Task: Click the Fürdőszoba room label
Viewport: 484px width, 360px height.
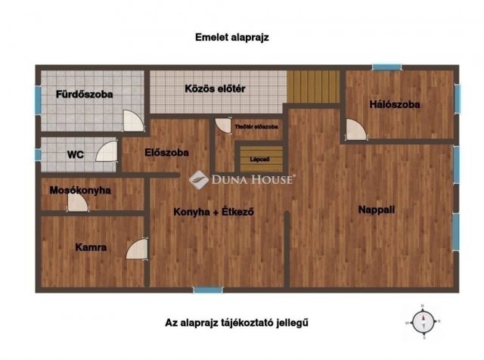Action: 85,95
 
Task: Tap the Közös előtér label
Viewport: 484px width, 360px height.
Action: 216,88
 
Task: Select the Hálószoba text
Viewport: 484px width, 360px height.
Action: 395,104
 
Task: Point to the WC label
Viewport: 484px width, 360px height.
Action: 75,154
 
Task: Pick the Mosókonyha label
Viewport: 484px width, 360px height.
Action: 80,191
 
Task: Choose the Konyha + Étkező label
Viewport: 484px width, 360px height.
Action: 213,212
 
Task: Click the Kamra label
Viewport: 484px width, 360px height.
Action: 91,247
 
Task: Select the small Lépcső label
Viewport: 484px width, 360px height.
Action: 260,160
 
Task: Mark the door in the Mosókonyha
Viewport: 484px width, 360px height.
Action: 76,204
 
